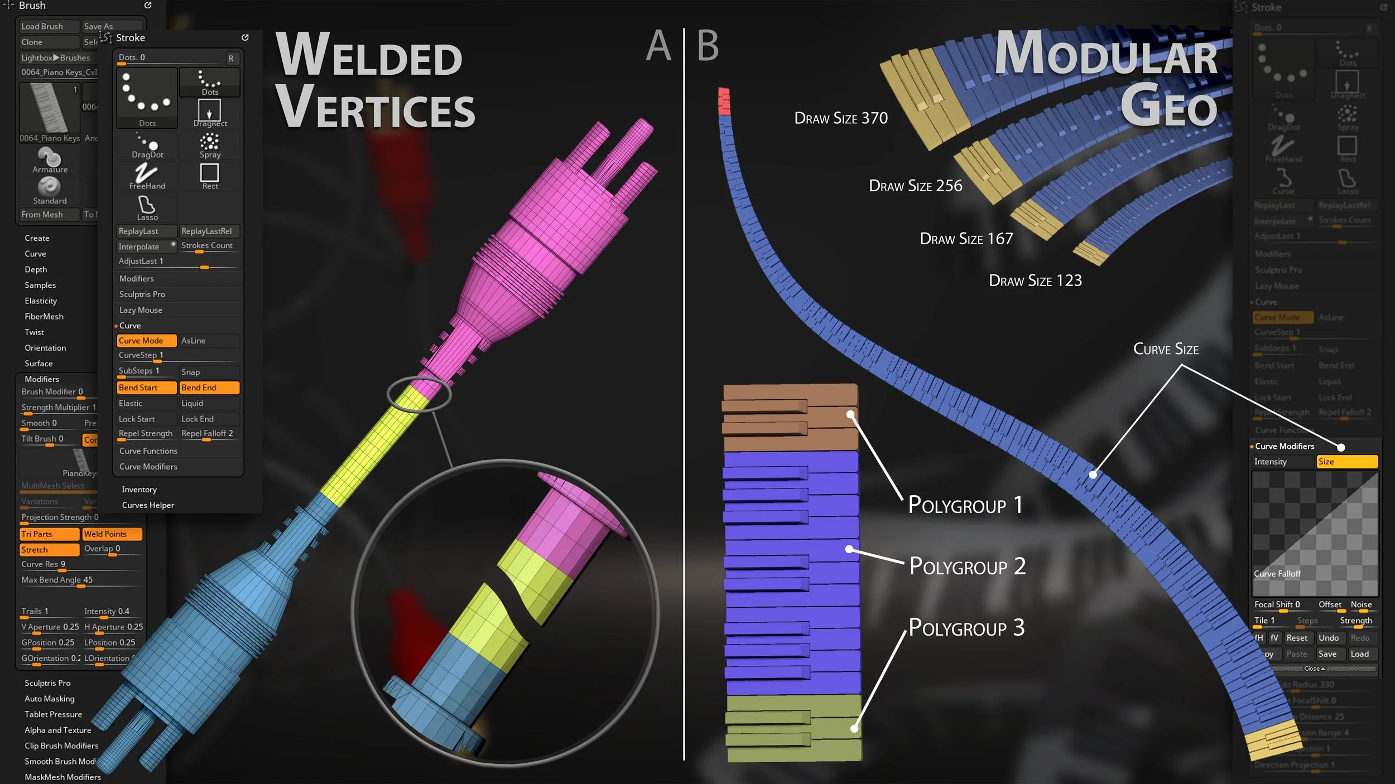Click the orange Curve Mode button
146,341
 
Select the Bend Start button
146,388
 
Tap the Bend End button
209,388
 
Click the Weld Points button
112,534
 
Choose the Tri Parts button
49,534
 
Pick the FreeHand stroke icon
147,176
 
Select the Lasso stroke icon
147,208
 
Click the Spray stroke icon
210,145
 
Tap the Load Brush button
48,26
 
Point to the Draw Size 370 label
841,118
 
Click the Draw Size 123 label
1035,280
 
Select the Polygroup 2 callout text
967,567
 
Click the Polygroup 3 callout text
966,628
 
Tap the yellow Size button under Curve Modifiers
1346,462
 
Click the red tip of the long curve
724,101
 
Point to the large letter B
708,46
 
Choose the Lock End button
209,419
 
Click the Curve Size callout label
1166,349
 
